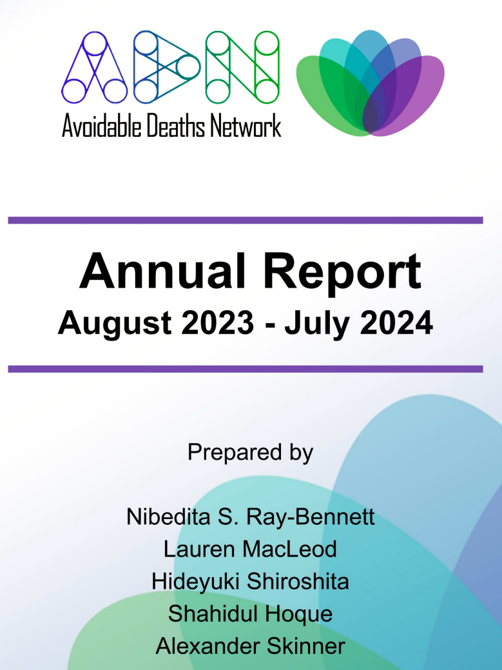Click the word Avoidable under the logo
[102, 126]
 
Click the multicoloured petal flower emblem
[370, 84]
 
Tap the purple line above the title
[246, 221]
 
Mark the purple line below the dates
[246, 369]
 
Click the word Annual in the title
[162, 271]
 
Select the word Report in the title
[342, 273]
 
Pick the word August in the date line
[115, 324]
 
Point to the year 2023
[218, 322]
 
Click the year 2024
[396, 322]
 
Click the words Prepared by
[251, 453]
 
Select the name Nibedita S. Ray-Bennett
[251, 517]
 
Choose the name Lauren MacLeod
[250, 549]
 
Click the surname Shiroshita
[298, 582]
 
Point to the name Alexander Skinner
[251, 646]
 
